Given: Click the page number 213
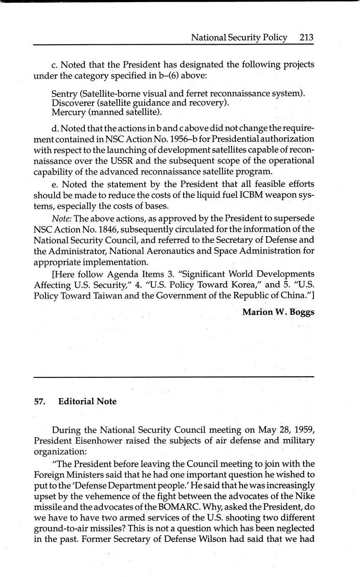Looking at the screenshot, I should [306, 38].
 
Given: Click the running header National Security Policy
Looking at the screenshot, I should [239, 38].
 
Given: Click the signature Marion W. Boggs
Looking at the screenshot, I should [278, 312].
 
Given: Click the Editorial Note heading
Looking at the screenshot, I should [87, 402].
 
